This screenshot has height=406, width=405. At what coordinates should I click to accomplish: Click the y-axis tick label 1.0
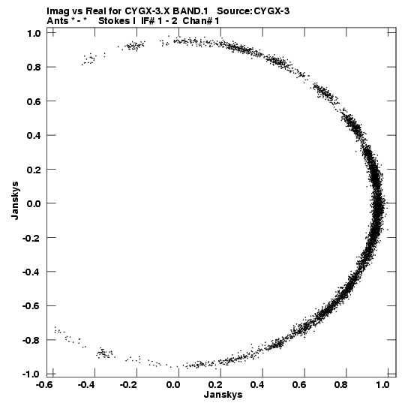[34, 33]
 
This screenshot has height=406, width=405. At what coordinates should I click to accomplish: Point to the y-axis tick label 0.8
[34, 67]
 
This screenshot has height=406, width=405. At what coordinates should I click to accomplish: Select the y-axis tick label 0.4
[34, 135]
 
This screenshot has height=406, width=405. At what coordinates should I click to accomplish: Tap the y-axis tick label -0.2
[31, 237]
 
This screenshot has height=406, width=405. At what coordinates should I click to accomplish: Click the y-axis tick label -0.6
[31, 305]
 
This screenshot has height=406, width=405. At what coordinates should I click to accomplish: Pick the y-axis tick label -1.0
[31, 374]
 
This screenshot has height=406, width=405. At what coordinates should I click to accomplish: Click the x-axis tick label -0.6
[46, 384]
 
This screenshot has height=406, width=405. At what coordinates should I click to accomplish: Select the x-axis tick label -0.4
[88, 384]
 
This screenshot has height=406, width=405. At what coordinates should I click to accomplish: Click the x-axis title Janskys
[223, 395]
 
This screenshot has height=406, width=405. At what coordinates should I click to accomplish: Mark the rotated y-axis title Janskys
[15, 200]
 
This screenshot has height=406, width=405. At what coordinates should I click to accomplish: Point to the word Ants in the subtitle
[58, 21]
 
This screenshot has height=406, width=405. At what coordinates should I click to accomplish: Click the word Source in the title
[233, 11]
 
